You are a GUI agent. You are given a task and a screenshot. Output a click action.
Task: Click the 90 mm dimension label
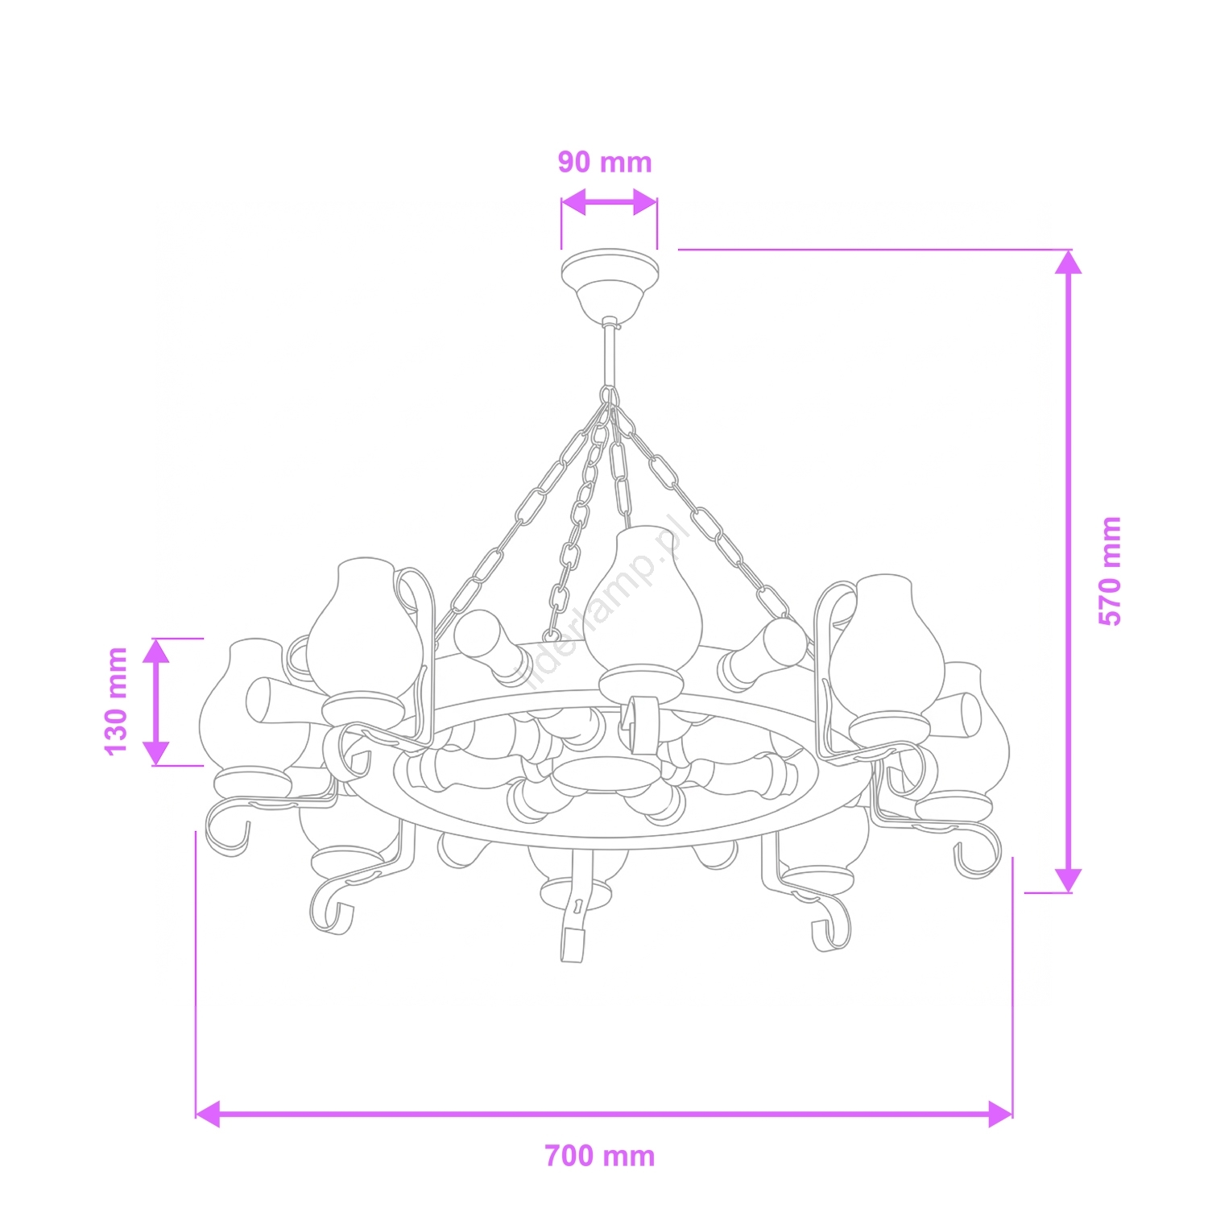point(605,162)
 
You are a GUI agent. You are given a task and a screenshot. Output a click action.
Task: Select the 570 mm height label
point(1110,571)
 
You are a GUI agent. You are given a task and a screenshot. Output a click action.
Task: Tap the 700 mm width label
point(600,1156)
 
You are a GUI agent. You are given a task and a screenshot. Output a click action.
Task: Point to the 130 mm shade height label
point(116,701)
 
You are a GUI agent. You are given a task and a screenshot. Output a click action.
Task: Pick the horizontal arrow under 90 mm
point(609,202)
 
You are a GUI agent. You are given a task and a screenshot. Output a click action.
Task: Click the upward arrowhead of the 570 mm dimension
point(1068,263)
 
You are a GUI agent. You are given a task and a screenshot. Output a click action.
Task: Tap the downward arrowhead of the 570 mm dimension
point(1068,880)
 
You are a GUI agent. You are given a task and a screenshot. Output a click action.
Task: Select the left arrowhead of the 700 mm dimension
point(208,1115)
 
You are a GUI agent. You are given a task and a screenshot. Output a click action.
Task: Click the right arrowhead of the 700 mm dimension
point(1000,1115)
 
